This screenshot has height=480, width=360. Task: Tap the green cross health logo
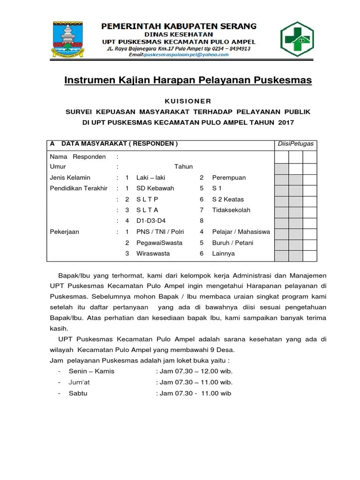pyautogui.click(x=300, y=38)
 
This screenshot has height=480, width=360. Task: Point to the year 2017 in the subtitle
pyautogui.click(x=284, y=123)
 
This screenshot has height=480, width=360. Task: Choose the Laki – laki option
pyautogui.click(x=150, y=178)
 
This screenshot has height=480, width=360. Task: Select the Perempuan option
pyautogui.click(x=229, y=178)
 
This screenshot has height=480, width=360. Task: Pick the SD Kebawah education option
pyautogui.click(x=155, y=188)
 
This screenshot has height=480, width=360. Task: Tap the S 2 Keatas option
pyautogui.click(x=228, y=199)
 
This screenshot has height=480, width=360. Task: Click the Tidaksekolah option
pyautogui.click(x=231, y=210)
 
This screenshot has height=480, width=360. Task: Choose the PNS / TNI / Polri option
pyautogui.click(x=159, y=232)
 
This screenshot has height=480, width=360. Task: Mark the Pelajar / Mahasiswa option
pyautogui.click(x=241, y=232)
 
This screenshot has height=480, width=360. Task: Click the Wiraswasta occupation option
pyautogui.click(x=153, y=254)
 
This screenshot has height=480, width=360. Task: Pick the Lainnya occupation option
pyautogui.click(x=223, y=254)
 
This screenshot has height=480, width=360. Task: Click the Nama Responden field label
pyautogui.click(x=78, y=157)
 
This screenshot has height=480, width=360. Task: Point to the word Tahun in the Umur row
pyautogui.click(x=183, y=166)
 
